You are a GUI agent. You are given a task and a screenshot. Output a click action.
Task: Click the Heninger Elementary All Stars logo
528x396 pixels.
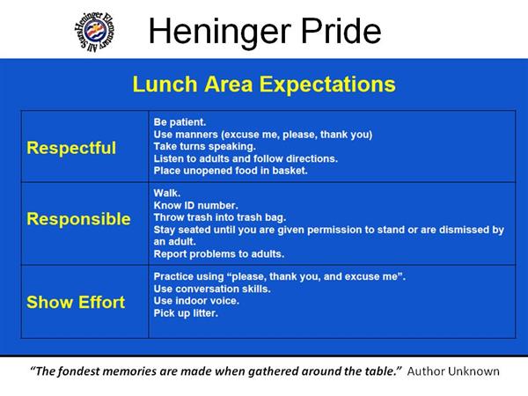point(95,32)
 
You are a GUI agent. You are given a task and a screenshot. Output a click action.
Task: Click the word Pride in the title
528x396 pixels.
point(341,31)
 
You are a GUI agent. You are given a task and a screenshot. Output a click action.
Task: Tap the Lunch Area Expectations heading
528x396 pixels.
point(264,84)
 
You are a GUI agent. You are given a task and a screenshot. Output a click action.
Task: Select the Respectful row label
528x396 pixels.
point(71,148)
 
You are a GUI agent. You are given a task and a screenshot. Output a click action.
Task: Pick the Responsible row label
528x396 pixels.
point(78,219)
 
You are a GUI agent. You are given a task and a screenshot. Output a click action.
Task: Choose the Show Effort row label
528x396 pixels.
point(76,303)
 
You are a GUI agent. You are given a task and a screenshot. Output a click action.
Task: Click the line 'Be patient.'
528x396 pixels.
point(180,122)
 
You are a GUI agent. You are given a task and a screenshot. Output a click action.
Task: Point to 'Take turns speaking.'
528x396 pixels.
point(205,146)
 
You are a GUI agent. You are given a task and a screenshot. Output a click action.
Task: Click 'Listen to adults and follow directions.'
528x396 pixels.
point(246,158)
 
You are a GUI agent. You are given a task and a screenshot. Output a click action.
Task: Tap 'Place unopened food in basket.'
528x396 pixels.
point(231,171)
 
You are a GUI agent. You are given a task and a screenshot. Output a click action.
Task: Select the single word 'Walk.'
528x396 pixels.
point(167,193)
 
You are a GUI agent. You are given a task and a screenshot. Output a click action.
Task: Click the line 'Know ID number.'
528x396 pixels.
point(195,205)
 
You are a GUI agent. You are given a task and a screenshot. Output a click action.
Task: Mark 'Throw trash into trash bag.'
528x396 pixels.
point(219,217)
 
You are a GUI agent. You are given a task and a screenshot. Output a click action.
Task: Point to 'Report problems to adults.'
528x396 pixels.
point(219,254)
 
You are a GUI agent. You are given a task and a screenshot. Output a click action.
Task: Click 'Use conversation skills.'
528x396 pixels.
point(212,289)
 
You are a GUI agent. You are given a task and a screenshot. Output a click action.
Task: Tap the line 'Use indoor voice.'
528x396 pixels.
point(196,301)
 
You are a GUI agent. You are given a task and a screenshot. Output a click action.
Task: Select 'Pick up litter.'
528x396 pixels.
point(186,313)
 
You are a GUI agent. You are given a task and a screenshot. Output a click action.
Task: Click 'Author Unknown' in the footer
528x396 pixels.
point(453,371)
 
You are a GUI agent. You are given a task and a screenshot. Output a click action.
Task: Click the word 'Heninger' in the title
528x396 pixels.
point(220,33)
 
